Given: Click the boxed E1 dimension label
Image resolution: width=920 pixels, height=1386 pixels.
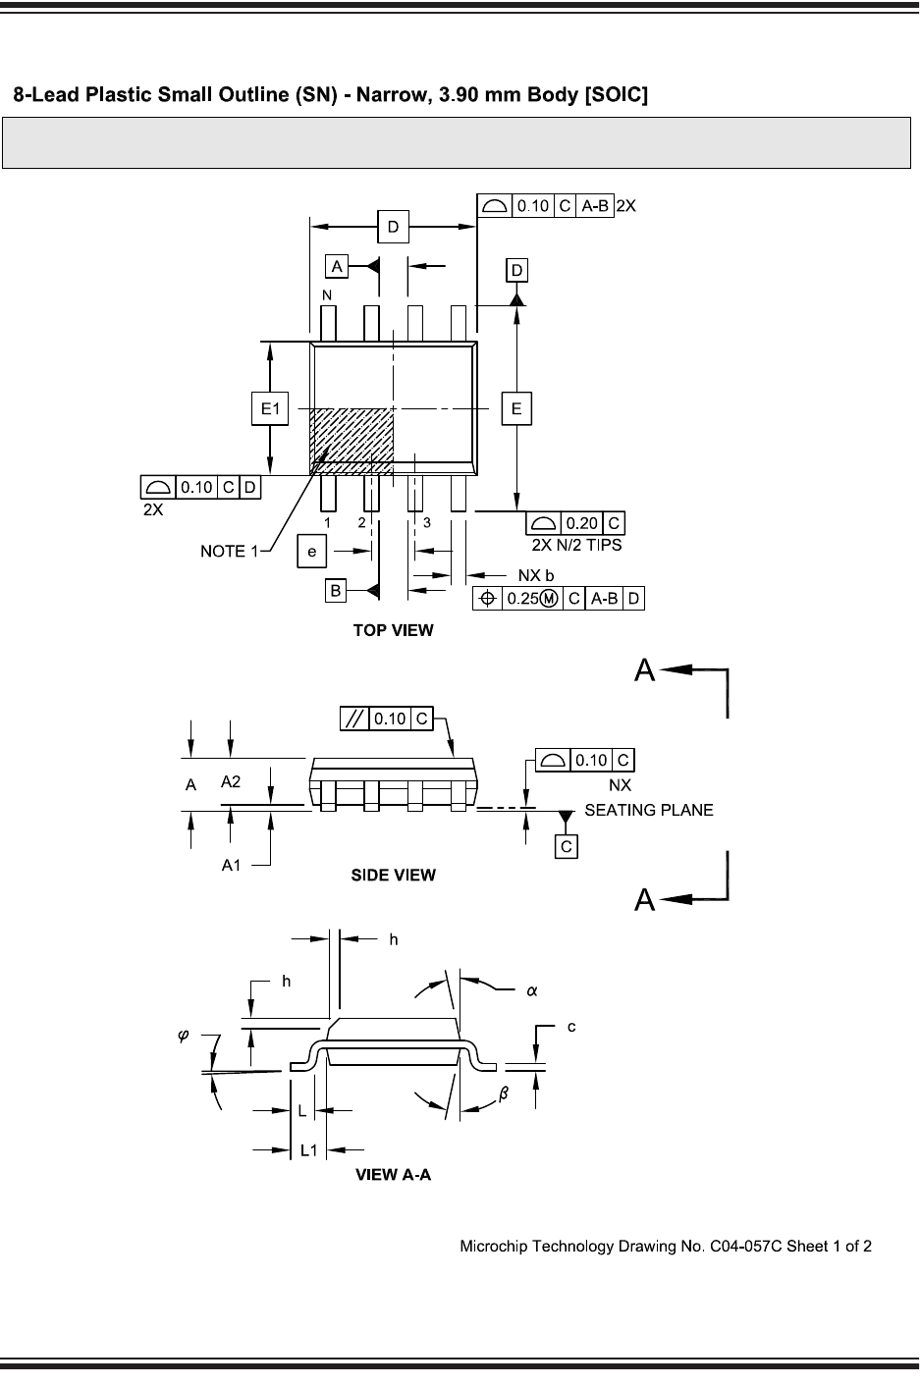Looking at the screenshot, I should pyautogui.click(x=270, y=409).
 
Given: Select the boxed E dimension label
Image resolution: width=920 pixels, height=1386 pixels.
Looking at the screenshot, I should pyautogui.click(x=516, y=409).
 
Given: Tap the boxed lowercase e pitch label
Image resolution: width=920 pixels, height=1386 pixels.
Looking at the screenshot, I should pyautogui.click(x=312, y=554).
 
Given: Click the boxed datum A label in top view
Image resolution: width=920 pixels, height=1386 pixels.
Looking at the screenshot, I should pyautogui.click(x=337, y=266).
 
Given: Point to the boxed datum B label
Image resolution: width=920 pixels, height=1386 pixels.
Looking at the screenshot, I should pyautogui.click(x=337, y=590).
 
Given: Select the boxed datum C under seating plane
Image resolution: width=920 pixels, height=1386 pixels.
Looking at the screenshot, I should pyautogui.click(x=566, y=845).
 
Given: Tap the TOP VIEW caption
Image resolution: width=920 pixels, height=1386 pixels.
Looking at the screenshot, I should pyautogui.click(x=393, y=630).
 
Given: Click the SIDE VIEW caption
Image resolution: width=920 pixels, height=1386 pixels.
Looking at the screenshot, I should pyautogui.click(x=393, y=875).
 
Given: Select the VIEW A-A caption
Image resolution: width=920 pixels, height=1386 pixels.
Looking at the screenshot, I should pyautogui.click(x=393, y=1175).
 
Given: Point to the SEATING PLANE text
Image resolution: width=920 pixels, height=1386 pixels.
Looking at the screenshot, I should pyautogui.click(x=649, y=810).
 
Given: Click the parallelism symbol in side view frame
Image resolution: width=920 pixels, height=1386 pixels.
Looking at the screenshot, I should pyautogui.click(x=353, y=719).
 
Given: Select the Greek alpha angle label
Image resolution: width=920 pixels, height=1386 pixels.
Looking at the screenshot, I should pyautogui.click(x=531, y=990).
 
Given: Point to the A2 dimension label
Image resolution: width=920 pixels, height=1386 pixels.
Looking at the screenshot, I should pyautogui.click(x=231, y=781).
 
